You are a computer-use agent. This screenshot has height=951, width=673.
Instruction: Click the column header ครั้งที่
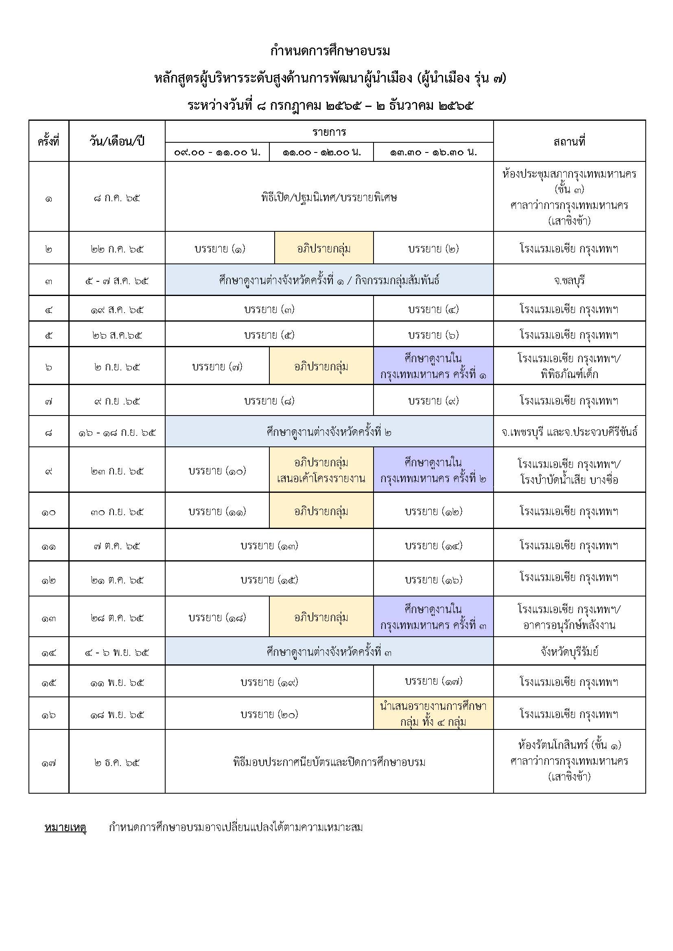[48, 141]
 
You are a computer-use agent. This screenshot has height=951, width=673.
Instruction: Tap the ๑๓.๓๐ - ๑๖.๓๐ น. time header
[433, 152]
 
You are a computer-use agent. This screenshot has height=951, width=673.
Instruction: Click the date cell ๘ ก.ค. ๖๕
[116, 198]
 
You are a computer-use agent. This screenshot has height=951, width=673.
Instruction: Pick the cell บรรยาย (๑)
[220, 248]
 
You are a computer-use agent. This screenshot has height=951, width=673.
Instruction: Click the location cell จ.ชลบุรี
[569, 281]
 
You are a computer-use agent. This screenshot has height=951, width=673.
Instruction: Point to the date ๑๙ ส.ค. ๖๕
[116, 309]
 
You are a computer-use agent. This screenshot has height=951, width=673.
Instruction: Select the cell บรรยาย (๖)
[433, 335]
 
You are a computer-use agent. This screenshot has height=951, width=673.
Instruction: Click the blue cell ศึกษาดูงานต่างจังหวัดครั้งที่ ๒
[329, 432]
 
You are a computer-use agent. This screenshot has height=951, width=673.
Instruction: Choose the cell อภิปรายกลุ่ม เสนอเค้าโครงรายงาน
[321, 470]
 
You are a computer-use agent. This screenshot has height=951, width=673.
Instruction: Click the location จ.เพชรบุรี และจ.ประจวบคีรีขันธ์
[569, 432]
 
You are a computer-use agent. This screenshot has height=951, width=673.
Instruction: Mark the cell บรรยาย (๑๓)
[269, 546]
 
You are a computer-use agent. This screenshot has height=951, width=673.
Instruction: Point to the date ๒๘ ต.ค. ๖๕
[116, 618]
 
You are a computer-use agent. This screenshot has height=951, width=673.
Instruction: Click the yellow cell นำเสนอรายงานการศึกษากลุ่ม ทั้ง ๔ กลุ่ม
[433, 714]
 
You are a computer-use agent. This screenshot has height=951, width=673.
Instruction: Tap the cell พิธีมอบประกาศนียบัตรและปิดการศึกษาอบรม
[329, 762]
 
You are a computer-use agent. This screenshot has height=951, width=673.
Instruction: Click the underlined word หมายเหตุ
[65, 827]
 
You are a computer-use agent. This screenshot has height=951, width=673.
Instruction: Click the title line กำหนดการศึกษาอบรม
[330, 51]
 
